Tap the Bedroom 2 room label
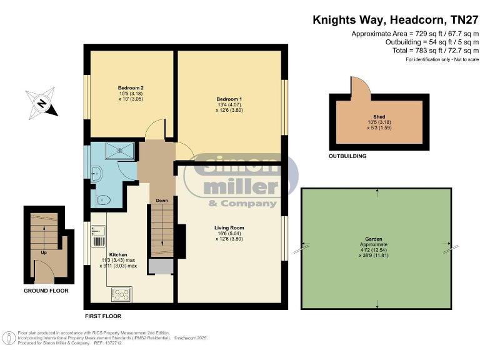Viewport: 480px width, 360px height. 131,88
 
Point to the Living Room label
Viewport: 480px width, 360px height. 229,228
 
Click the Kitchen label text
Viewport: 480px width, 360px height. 118,255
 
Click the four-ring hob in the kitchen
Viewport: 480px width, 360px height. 121,292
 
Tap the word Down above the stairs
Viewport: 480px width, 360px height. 162,201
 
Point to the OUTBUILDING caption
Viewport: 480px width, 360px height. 347,156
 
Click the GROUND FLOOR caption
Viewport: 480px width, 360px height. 46,291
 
